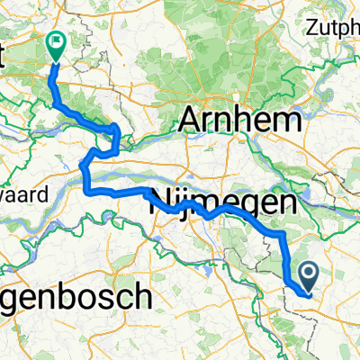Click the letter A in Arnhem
coord(193,119)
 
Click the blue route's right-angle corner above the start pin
coord(284,233)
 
